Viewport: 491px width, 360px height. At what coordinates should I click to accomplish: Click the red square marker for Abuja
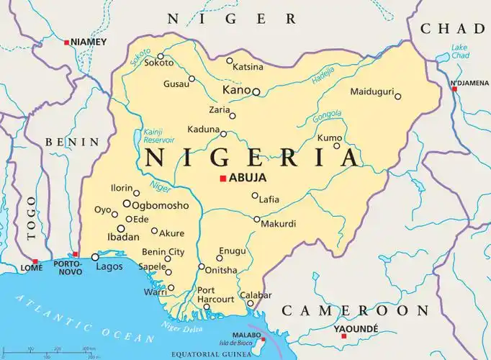tap(223, 178)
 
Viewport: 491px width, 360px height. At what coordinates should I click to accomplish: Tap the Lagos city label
tap(109, 267)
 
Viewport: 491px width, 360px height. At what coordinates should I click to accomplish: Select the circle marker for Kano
tap(256, 91)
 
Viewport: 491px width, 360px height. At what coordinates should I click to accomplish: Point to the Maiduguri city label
tap(371, 91)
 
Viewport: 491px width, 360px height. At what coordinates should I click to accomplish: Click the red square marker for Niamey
tap(67, 42)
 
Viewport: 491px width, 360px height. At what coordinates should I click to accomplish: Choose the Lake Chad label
tap(459, 52)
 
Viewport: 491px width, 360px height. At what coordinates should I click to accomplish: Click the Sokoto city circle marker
tap(161, 56)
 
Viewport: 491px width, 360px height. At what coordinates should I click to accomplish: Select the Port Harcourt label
tap(215, 294)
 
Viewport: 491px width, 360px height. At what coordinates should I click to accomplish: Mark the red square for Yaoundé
tap(343, 336)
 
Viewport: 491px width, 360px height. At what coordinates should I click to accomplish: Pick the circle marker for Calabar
tap(251, 303)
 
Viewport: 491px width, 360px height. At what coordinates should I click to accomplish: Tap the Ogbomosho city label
tap(160, 205)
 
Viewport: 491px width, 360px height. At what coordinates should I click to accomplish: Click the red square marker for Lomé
tap(35, 262)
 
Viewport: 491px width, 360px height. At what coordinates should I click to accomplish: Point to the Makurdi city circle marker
tap(256, 219)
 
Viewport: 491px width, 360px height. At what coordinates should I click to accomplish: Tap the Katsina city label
tap(248, 68)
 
